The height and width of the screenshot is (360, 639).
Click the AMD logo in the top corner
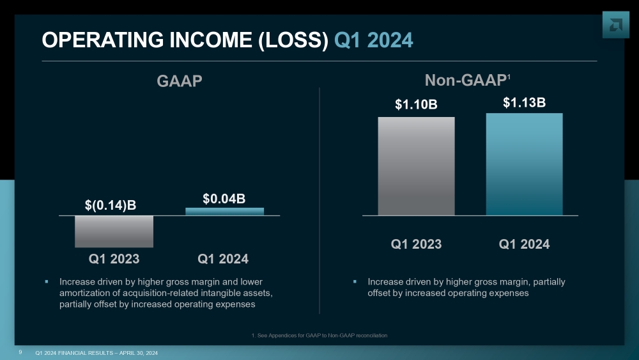615,24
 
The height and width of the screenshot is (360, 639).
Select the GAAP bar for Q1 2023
114,231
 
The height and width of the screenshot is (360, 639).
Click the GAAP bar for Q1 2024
224,211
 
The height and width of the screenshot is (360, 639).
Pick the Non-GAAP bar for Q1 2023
416,166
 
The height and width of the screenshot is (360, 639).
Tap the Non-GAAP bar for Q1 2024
524,164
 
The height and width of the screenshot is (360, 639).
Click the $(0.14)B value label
111,205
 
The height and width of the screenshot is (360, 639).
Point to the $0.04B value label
224,198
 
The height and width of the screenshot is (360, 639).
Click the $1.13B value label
524,102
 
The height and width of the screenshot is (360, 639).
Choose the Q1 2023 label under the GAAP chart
114,259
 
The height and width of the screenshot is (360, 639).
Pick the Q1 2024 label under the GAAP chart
223,259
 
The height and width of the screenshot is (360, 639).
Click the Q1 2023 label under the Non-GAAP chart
416,244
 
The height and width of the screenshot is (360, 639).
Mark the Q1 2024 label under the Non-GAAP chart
524,244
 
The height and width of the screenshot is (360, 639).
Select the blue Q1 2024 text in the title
373,40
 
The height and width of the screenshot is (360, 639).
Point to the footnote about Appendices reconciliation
319,335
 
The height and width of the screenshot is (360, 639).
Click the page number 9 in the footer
20,352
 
